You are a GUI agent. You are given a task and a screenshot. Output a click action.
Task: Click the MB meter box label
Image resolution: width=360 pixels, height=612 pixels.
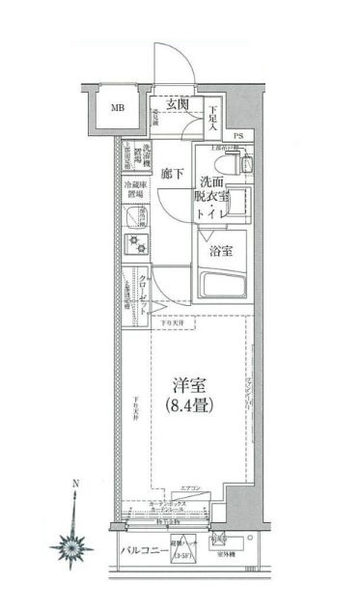[x=115, y=107]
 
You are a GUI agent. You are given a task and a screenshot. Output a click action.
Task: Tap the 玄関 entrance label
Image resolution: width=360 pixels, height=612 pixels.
[x=176, y=105]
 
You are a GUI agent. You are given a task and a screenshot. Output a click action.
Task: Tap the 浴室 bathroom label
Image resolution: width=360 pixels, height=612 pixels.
[x=221, y=251]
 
